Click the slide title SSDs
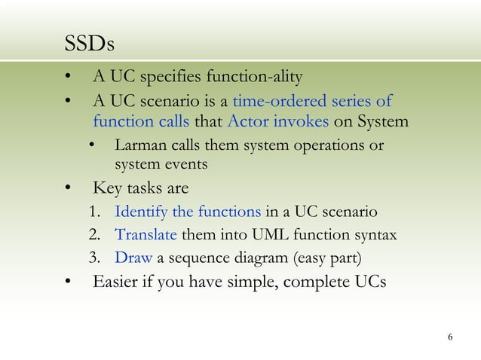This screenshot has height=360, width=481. (89, 44)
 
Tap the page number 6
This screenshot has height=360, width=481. (450, 336)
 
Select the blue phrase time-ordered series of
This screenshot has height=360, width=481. (311, 101)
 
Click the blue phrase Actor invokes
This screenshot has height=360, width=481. (277, 121)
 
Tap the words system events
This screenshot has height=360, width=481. (161, 163)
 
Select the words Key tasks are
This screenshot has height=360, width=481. (139, 188)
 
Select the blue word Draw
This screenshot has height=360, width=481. (133, 258)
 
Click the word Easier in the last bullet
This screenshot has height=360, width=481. (117, 283)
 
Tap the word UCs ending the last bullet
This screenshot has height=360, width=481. (368, 283)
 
